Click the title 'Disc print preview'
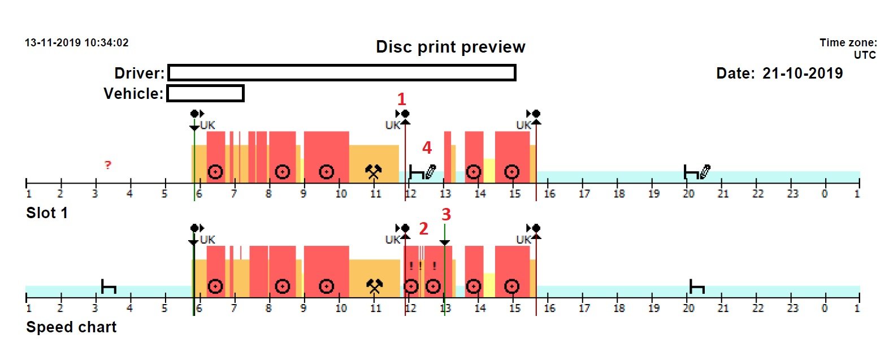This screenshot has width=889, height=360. point(450,47)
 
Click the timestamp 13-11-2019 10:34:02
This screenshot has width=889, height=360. point(77,43)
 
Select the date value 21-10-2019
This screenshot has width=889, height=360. point(802,73)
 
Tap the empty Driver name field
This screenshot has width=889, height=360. point(342,73)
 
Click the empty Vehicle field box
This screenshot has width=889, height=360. point(206,93)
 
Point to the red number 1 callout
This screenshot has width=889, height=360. point(401,99)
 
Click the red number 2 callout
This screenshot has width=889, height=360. point(423,228)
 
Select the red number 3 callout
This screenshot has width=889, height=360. point(446,214)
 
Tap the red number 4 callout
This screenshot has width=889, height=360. point(427,148)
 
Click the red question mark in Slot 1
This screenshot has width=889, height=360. point(107,165)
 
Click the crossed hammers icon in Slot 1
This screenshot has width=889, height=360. point(374,172)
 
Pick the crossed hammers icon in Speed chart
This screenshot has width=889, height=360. point(374,287)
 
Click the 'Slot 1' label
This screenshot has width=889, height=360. point(47,213)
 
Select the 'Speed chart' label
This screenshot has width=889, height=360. point(71,327)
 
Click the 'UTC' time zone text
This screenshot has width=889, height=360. point(865,55)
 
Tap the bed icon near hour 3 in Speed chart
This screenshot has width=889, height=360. point(109,287)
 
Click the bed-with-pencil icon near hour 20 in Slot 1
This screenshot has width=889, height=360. point(697,171)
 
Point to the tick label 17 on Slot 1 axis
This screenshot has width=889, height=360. point(584,194)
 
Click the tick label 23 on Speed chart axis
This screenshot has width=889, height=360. point(793,309)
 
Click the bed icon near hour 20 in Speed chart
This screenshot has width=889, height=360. point(697,287)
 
